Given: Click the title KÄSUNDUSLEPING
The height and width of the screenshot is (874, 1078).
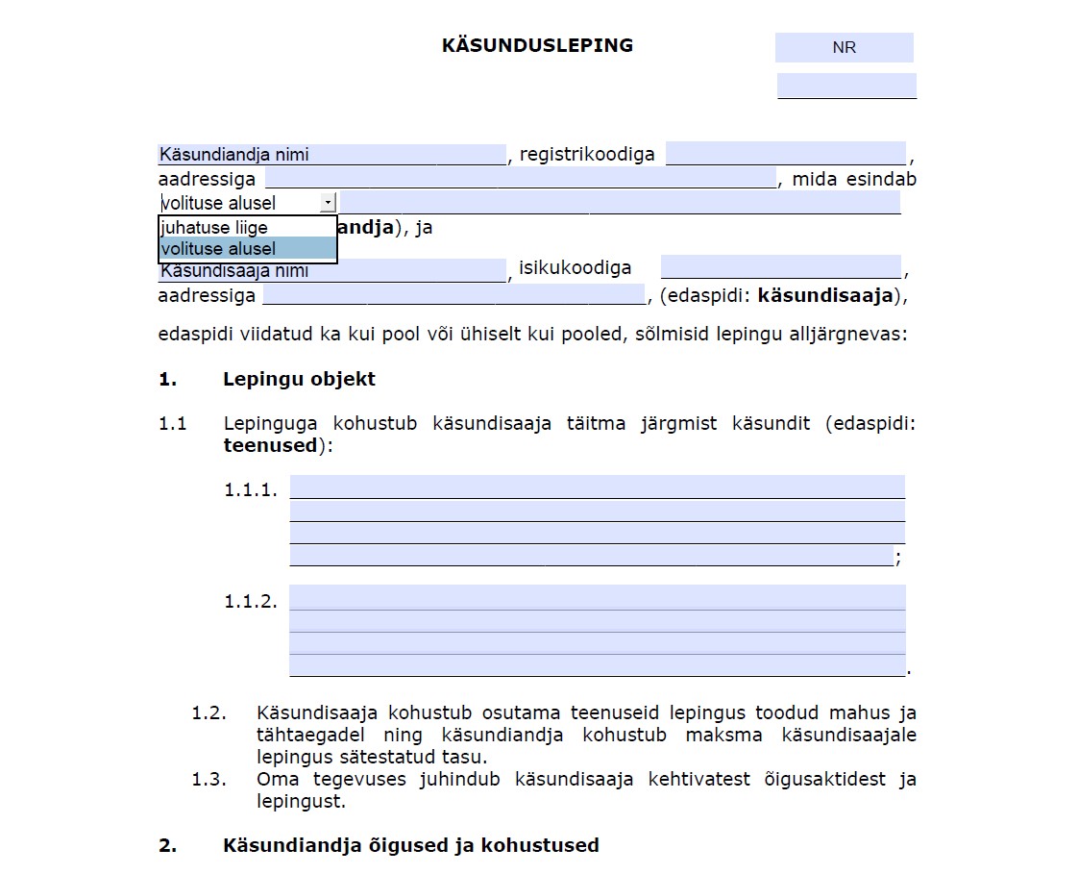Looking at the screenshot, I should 537,45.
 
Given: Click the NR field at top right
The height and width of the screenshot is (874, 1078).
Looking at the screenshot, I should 844,47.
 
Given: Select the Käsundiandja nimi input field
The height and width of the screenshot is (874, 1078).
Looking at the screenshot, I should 331,155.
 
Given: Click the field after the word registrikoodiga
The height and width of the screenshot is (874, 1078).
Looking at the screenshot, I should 785,154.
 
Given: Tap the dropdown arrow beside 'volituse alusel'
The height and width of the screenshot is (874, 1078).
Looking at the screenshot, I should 328,202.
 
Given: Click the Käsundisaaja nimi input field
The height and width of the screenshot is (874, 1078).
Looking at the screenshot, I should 331,270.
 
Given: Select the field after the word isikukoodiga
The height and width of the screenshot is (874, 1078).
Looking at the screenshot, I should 780,268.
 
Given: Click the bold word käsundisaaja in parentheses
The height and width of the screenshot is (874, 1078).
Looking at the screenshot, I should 825,295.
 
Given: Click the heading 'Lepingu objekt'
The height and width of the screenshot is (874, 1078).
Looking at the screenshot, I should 299,379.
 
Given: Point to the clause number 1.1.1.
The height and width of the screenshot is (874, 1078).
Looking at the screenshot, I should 251,489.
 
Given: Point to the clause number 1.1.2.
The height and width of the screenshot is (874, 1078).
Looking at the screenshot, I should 251,601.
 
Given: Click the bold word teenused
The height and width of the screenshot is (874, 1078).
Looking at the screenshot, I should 270,445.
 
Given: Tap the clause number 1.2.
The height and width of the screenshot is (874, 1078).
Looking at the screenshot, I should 208,713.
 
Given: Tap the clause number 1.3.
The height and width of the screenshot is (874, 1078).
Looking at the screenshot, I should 208,780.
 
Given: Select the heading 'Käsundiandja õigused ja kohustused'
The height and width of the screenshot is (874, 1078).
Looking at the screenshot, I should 411,845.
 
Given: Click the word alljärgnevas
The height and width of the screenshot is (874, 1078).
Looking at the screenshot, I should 848,336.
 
